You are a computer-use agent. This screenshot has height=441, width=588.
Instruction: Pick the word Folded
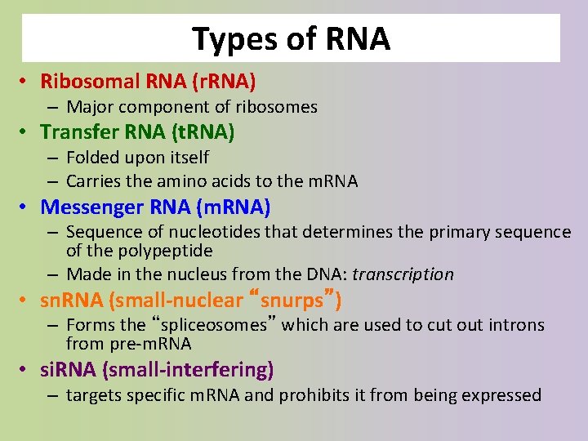[x=91, y=157]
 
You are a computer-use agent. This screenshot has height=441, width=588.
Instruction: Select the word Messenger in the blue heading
[x=91, y=207]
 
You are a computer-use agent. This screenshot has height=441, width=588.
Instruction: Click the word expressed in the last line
[x=506, y=395]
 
